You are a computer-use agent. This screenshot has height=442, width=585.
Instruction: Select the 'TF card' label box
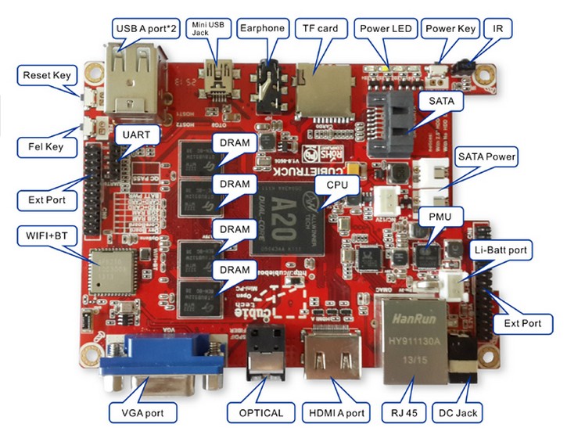[x=321, y=29]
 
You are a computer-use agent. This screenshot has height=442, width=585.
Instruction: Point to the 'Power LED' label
[x=385, y=29]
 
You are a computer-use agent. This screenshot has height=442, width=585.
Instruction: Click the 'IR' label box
[x=497, y=29]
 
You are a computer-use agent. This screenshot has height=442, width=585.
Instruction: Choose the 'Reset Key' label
[x=47, y=77]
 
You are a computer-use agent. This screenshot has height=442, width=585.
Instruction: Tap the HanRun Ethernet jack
[x=411, y=337]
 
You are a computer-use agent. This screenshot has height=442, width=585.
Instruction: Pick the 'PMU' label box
[x=431, y=215]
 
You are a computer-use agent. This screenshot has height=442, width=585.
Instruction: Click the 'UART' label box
[x=137, y=135]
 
